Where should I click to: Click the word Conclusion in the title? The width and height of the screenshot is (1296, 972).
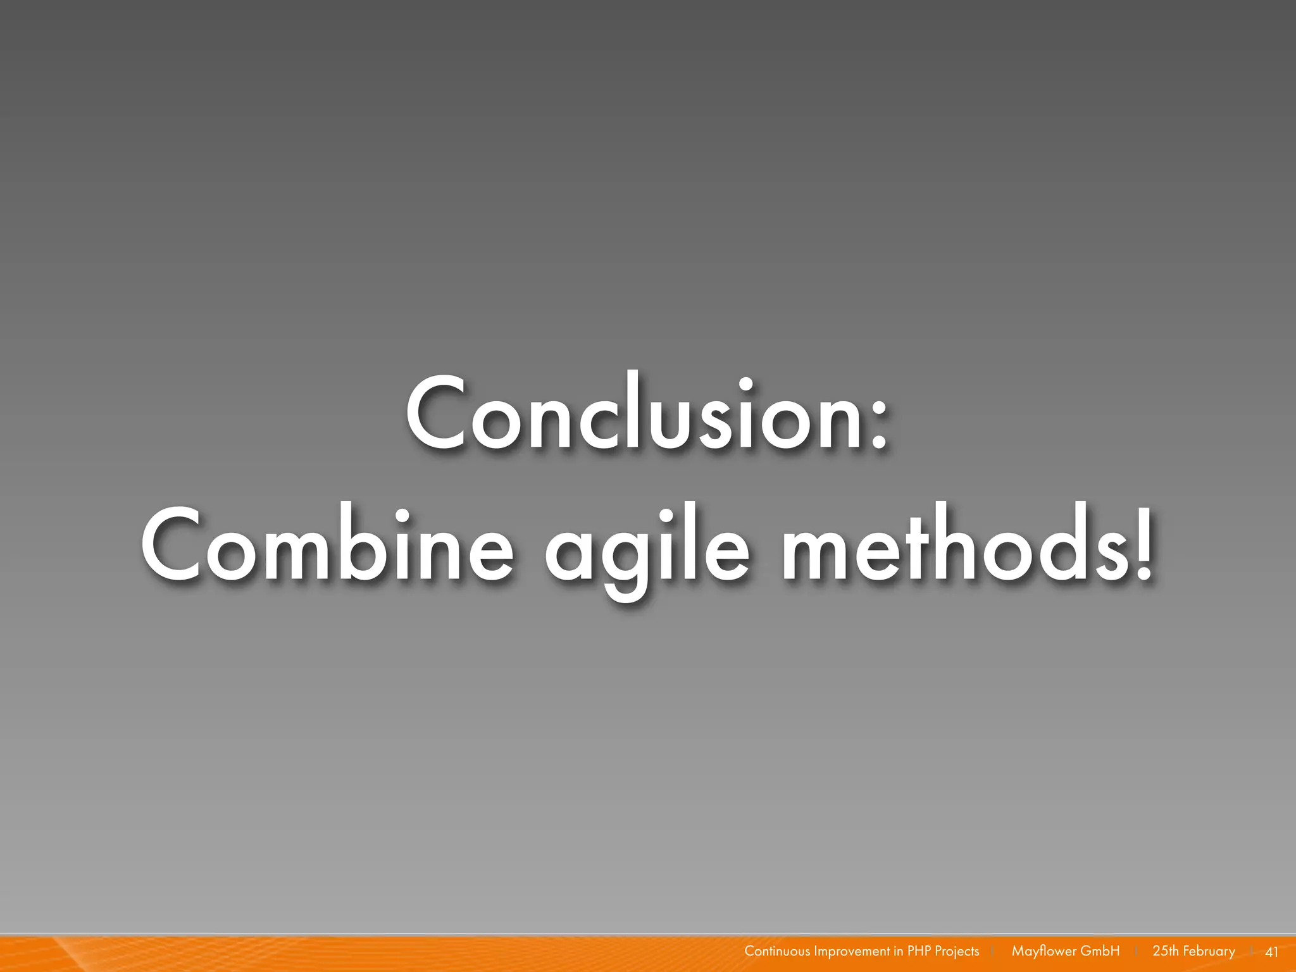pyautogui.click(x=633, y=414)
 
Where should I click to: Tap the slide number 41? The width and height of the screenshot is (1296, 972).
pyautogui.click(x=1271, y=952)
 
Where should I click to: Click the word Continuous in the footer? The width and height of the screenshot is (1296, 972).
pyautogui.click(x=776, y=951)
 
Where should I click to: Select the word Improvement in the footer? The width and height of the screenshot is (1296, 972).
pyautogui.click(x=852, y=951)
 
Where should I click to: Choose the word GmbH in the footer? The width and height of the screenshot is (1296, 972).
pyautogui.click(x=1100, y=951)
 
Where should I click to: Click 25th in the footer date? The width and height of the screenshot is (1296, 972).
pyautogui.click(x=1166, y=951)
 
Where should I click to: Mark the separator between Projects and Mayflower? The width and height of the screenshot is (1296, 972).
pyautogui.click(x=993, y=952)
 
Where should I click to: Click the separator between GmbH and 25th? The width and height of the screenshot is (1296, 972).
pyautogui.click(x=1137, y=952)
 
